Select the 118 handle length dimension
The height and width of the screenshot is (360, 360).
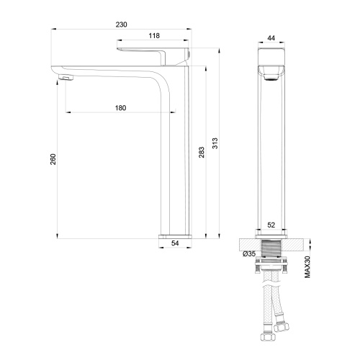pos(153,35)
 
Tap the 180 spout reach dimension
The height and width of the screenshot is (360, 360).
pos(120,108)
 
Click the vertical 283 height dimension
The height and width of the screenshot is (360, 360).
pos(202,153)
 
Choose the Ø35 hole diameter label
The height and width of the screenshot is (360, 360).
pos(249,253)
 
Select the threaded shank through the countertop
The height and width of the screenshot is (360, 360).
pos(271,251)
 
